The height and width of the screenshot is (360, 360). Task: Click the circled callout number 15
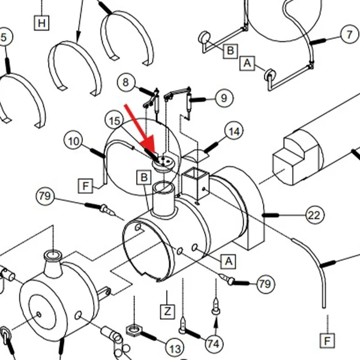click(x=115, y=121)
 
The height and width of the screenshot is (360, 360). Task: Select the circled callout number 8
click(x=126, y=82)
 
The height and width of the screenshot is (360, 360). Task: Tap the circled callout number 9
click(x=224, y=98)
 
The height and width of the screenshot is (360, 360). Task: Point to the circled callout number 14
click(x=234, y=131)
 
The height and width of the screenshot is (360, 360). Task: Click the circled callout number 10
click(x=73, y=141)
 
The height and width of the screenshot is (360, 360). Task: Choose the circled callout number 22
click(x=314, y=215)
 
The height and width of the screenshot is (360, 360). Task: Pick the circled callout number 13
click(x=175, y=349)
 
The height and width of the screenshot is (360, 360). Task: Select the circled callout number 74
click(x=214, y=344)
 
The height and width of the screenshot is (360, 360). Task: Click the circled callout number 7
click(x=349, y=35)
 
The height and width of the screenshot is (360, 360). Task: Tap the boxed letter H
click(x=41, y=23)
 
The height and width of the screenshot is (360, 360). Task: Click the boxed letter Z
click(x=167, y=312)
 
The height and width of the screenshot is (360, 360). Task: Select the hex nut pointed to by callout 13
click(x=134, y=331)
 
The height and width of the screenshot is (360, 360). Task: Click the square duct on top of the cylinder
click(x=195, y=183)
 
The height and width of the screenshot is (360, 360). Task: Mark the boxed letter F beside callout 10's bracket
click(x=86, y=186)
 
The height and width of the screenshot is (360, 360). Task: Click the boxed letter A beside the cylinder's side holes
click(x=229, y=261)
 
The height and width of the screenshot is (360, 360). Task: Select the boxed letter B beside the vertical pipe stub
click(x=144, y=177)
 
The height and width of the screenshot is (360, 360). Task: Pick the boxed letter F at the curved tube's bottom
click(x=328, y=341)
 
